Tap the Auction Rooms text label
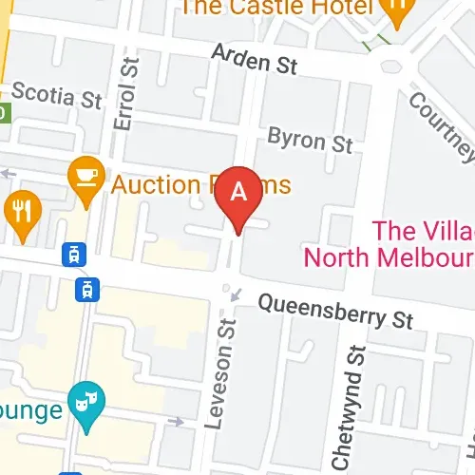(200, 182)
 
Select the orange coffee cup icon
(85, 177)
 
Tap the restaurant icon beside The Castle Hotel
(394, 11)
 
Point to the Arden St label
(255, 60)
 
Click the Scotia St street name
(56, 97)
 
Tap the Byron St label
(310, 141)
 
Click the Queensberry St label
(337, 313)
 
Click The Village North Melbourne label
(389, 244)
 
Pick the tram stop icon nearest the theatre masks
(88, 289)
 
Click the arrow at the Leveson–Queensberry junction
(236, 295)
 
